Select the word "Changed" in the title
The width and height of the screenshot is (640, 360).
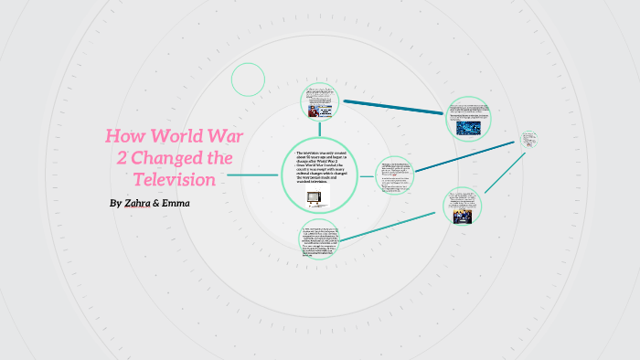[170, 158]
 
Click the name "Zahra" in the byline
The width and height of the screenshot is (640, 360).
[136, 203]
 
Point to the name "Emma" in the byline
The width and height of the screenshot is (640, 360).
[175, 203]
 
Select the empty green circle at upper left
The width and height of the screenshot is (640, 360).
[248, 79]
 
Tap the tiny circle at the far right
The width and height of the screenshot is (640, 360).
[529, 140]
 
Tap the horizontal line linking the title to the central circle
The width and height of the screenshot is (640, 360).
[253, 175]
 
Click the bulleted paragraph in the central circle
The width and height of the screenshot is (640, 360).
[318, 168]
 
